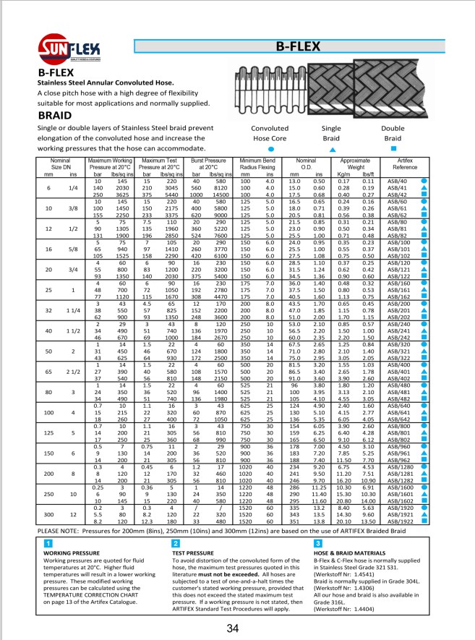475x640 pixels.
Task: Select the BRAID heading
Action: [x=54, y=114]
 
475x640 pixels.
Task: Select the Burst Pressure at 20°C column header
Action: [x=207, y=163]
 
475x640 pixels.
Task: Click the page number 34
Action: [x=232, y=628]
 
